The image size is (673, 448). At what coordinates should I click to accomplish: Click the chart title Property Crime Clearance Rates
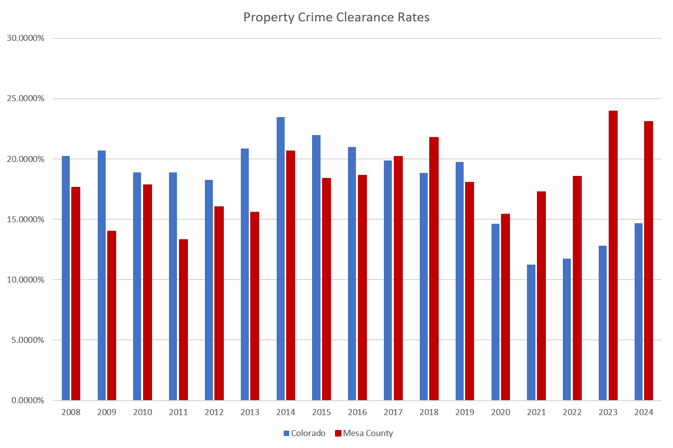tap(336, 17)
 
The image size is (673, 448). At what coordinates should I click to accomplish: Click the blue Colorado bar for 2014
tap(281, 259)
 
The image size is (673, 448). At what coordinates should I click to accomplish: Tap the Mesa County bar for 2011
tap(183, 319)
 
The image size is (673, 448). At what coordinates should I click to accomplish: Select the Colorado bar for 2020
tap(496, 312)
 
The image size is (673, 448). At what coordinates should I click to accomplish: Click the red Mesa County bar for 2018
tap(434, 269)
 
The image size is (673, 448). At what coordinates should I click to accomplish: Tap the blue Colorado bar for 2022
tap(567, 329)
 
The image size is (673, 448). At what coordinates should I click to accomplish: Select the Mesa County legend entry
tap(364, 433)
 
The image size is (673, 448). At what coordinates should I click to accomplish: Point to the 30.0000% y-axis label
tap(25, 38)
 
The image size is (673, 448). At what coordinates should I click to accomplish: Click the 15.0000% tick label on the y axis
tap(25, 219)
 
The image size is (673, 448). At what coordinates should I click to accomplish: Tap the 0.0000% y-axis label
tap(27, 400)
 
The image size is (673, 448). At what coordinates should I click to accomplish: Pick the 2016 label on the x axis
tap(357, 412)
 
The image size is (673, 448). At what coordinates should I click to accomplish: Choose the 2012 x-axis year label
tap(214, 412)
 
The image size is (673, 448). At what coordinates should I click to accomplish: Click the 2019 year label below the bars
tap(465, 412)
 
